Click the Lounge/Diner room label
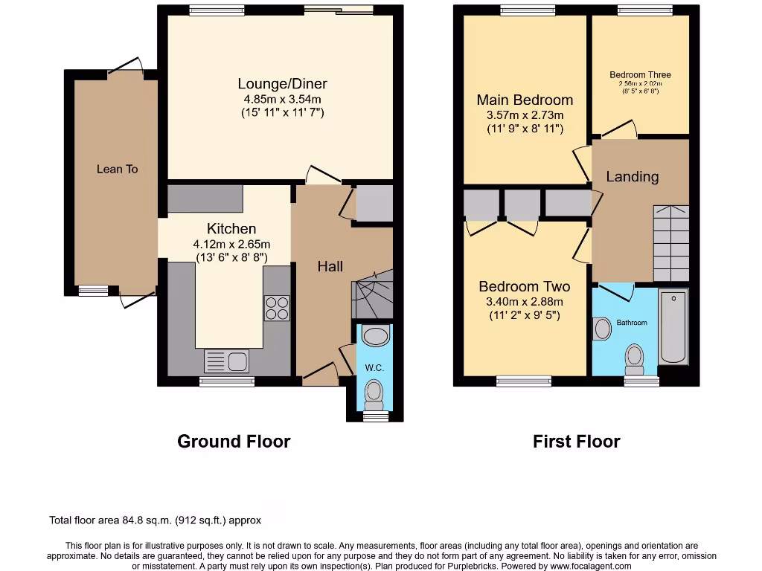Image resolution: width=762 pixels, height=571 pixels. (282, 83)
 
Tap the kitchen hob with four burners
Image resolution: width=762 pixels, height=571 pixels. (277, 308)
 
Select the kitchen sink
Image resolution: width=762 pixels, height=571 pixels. (227, 361)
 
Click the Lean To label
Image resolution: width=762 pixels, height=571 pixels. (117, 169)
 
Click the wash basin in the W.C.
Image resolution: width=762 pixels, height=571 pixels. (374, 336)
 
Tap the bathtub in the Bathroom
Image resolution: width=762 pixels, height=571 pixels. (674, 326)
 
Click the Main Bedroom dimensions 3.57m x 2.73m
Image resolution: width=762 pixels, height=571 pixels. (525, 115)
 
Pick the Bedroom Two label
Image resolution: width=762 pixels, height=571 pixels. (524, 286)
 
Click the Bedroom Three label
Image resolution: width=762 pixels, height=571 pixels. (640, 75)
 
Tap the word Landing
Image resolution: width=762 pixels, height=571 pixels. (632, 176)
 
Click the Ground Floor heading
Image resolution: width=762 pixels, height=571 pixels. (234, 441)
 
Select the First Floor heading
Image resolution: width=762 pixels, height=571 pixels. (576, 441)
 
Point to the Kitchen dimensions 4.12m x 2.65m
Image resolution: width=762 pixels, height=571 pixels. (231, 244)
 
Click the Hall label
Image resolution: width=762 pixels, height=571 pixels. (330, 265)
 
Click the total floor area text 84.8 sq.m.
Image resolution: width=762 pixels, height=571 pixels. (155, 520)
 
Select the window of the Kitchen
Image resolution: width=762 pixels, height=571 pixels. (227, 381)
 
